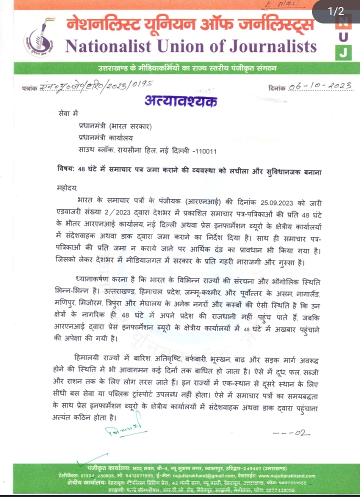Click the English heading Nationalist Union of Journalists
[191, 46]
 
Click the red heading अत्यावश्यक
[180, 101]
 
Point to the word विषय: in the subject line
[66, 169]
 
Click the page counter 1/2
[335, 11]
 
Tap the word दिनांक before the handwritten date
[276, 88]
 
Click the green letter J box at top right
[346, 51]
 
